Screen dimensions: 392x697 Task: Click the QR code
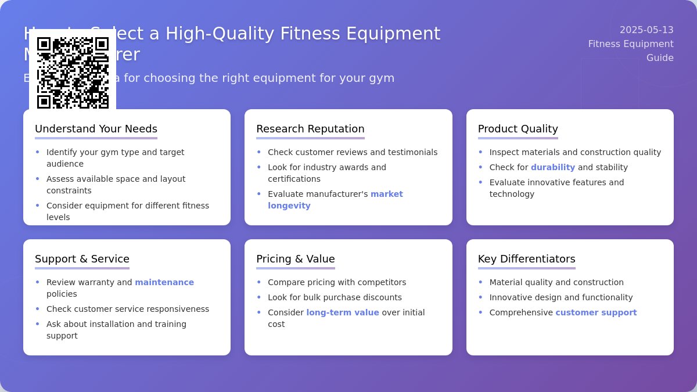(x=73, y=73)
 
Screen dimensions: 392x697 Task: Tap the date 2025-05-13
(x=646, y=30)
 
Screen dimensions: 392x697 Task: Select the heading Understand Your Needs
(x=96, y=129)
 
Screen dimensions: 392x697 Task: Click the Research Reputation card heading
(x=310, y=129)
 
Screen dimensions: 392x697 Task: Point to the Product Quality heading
(x=518, y=129)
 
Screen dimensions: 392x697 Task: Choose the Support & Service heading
(x=82, y=259)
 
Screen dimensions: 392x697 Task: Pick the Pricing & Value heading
(x=296, y=259)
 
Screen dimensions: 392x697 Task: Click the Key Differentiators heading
(x=526, y=259)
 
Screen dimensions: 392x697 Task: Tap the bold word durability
(x=552, y=167)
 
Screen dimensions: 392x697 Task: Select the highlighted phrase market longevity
(x=335, y=200)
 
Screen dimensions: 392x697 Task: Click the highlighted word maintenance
(x=164, y=282)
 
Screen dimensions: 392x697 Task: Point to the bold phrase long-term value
(x=343, y=312)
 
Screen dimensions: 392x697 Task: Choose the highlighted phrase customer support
(x=596, y=312)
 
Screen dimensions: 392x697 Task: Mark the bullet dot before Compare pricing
(x=259, y=282)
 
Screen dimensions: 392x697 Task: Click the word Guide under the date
(x=660, y=57)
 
